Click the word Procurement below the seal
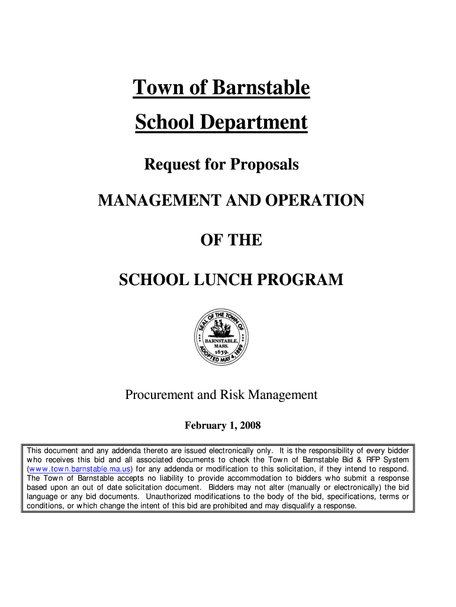click(159, 395)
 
